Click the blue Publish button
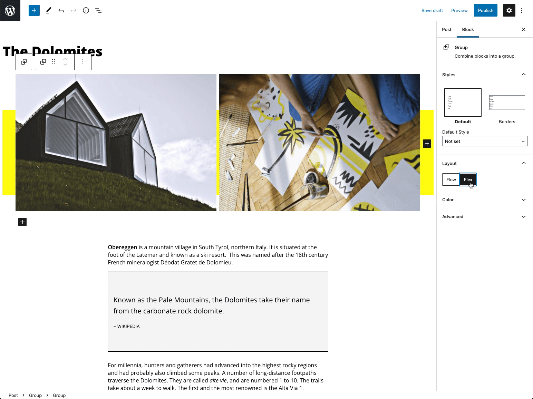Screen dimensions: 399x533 (x=485, y=10)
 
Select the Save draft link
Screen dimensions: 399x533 (x=432, y=10)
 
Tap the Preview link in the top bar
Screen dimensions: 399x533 (x=459, y=10)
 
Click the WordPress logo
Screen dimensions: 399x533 (x=10, y=10)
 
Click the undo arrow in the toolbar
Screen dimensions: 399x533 (x=61, y=10)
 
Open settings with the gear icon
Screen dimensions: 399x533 (x=509, y=10)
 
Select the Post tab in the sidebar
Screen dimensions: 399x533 (x=446, y=29)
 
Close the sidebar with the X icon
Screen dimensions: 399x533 (x=523, y=29)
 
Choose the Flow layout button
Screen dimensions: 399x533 (x=451, y=179)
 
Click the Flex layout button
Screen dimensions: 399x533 (x=468, y=179)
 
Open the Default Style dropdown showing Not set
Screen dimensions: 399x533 (x=485, y=141)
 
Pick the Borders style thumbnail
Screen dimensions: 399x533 (x=507, y=103)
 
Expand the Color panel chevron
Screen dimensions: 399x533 (x=523, y=200)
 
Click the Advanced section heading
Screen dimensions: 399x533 (x=453, y=217)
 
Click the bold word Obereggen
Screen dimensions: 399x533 (x=122, y=247)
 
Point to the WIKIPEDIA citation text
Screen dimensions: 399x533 (x=128, y=326)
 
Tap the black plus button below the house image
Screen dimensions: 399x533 (x=22, y=222)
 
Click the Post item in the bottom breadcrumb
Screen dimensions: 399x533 (x=13, y=395)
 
